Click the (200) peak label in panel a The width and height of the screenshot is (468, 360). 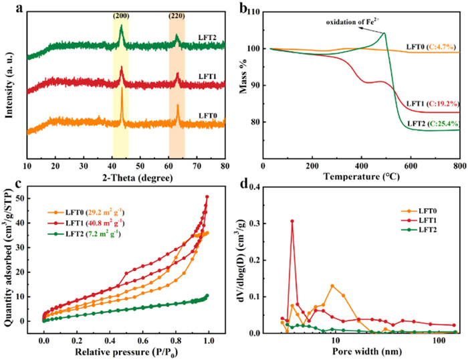point(121,15)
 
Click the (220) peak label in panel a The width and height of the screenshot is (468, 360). point(177,15)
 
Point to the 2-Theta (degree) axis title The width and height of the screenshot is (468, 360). point(126,169)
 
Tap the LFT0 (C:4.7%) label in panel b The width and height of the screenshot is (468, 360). point(430,46)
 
